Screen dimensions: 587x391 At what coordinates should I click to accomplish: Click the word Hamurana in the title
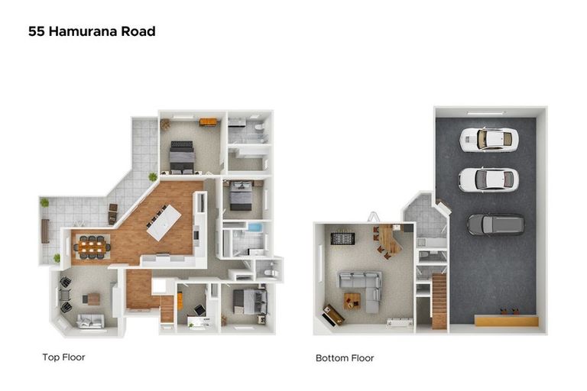click(x=83, y=31)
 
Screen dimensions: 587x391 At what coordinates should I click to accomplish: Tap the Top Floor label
click(x=63, y=357)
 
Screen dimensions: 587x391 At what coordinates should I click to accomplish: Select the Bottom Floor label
click(x=345, y=358)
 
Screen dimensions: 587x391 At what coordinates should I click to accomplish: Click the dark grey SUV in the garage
click(x=495, y=225)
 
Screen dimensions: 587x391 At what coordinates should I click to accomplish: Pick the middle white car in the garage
click(x=488, y=179)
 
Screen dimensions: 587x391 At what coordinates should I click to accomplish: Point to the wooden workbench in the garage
click(x=507, y=321)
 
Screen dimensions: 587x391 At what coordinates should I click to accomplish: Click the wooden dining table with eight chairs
click(x=92, y=247)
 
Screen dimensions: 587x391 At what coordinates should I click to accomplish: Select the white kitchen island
click(x=164, y=222)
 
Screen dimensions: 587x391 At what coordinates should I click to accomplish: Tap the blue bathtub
click(x=255, y=227)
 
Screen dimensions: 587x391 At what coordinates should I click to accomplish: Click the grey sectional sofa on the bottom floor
click(x=363, y=288)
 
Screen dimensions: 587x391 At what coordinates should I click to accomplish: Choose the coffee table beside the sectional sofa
click(x=352, y=300)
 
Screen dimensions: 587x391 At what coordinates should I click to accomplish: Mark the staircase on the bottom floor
click(x=439, y=301)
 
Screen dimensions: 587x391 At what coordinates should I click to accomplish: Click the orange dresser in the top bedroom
click(x=208, y=122)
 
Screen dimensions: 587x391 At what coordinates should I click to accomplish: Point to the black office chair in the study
click(x=199, y=310)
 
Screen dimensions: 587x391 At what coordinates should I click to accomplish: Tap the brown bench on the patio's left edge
click(x=45, y=231)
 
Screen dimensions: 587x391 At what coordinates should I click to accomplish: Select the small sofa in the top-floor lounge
click(x=90, y=321)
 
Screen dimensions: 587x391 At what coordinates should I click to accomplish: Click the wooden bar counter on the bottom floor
click(x=390, y=240)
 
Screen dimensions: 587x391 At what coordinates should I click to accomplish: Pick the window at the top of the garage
click(x=485, y=112)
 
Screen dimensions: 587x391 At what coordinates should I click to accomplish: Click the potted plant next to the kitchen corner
click(x=153, y=176)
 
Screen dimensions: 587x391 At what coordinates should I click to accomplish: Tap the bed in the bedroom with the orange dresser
click(x=182, y=157)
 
